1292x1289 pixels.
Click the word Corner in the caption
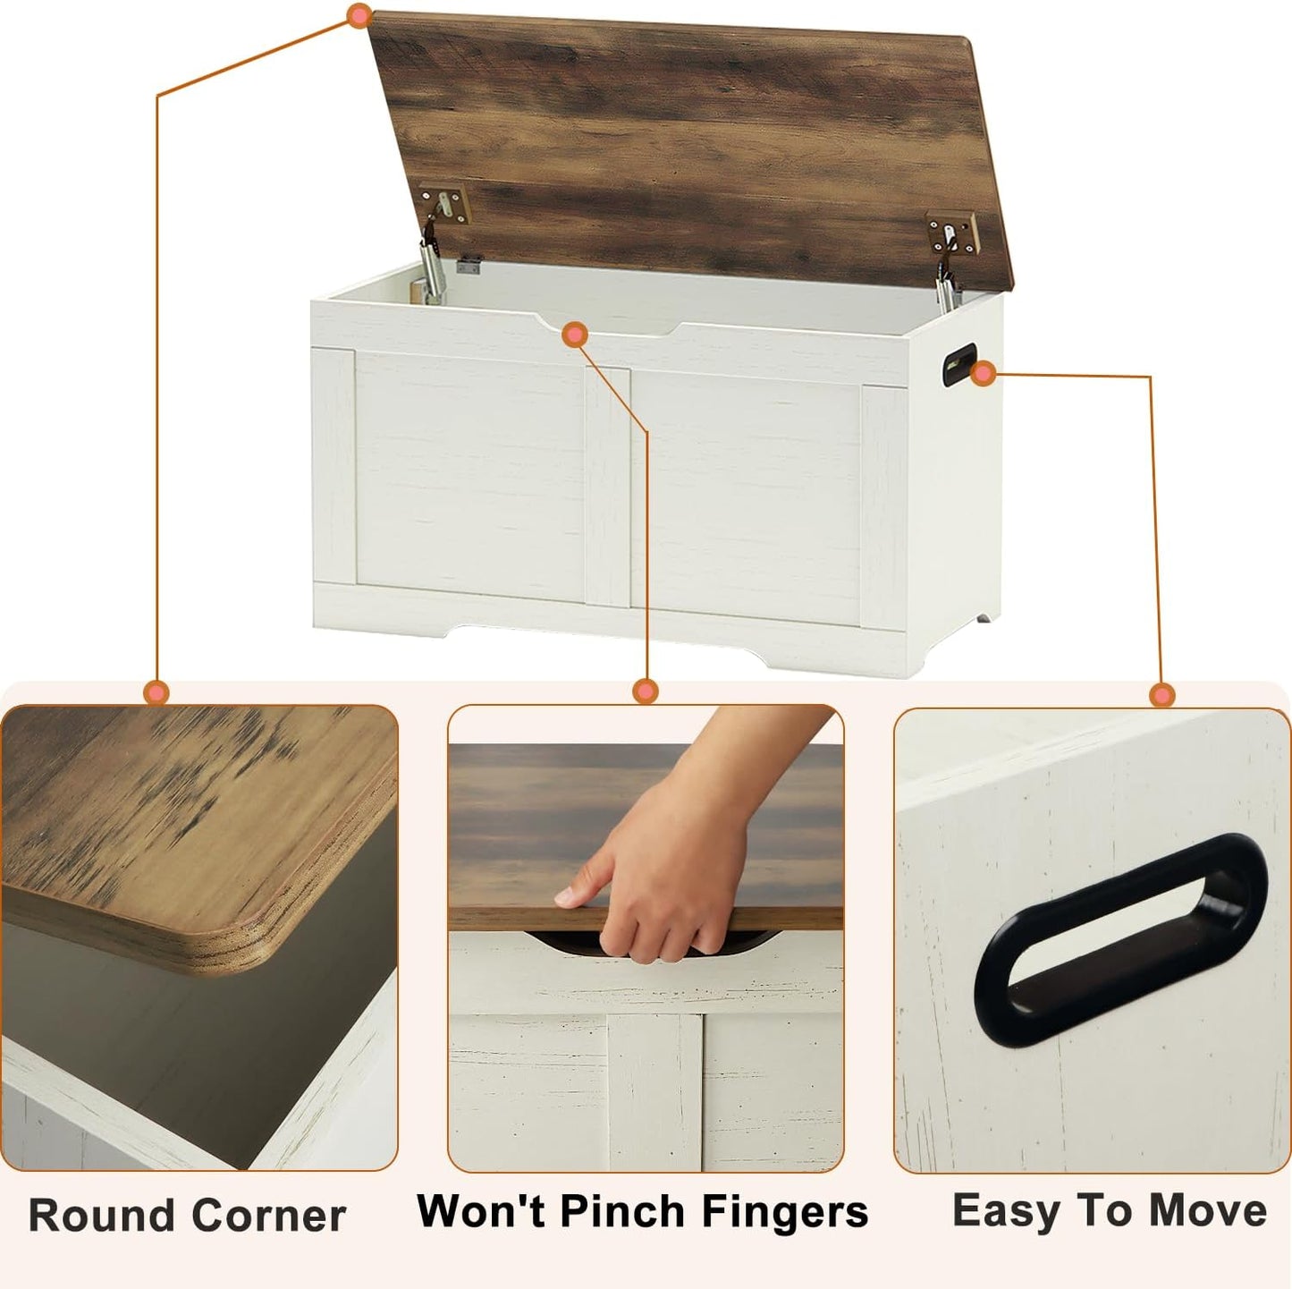268,1216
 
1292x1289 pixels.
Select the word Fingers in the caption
784,1213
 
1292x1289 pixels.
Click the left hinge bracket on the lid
443,205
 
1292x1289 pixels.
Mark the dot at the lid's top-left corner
359,15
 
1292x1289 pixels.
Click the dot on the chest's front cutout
575,335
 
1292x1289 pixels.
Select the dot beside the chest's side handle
984,375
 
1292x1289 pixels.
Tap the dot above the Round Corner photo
156,691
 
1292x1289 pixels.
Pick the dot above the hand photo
645,691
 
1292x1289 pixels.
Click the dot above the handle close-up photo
1162,694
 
